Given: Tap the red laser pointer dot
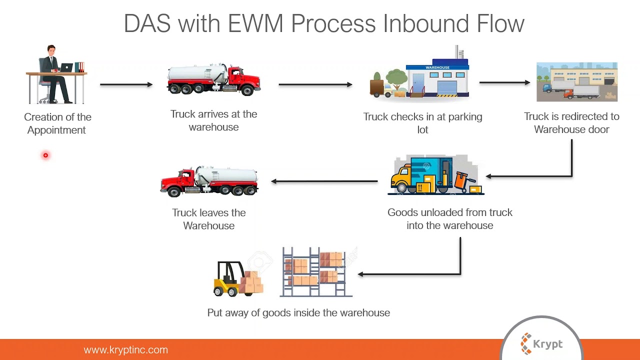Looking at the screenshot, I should tap(45, 155).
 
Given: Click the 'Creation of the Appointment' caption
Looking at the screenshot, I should tap(57, 123).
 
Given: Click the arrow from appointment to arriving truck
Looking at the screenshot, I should tap(126, 84).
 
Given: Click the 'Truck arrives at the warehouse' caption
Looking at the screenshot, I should tap(213, 120).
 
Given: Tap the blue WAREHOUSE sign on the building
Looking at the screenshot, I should tap(437, 67).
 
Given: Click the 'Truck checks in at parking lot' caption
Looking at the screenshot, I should tap(422, 123).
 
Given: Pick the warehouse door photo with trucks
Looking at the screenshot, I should tap(576, 82).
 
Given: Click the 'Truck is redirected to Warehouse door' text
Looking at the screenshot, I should tap(571, 123).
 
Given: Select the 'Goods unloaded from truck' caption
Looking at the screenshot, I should tap(449, 218).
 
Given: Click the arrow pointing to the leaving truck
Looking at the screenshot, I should tap(324, 181).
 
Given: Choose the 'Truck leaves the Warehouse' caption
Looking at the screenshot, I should tap(208, 219).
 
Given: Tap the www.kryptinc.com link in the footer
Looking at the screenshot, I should tap(125, 350).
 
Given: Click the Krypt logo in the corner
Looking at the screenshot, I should tap(541, 344).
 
